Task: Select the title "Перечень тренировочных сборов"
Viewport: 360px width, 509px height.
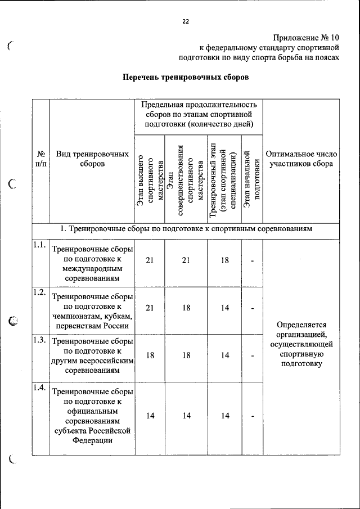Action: tap(186, 76)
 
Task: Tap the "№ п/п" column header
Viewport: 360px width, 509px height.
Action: tap(40, 158)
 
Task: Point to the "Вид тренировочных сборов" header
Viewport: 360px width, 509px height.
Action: tap(92, 159)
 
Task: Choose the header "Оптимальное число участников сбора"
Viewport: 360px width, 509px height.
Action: tap(301, 159)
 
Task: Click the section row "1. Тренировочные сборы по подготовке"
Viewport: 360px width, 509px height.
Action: tap(186, 229)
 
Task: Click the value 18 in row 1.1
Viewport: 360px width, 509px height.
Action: tap(225, 261)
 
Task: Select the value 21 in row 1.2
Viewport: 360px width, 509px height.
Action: tap(150, 308)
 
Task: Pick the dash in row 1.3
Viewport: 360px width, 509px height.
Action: tap(253, 355)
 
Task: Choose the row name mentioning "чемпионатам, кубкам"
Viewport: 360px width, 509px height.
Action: tap(92, 311)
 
